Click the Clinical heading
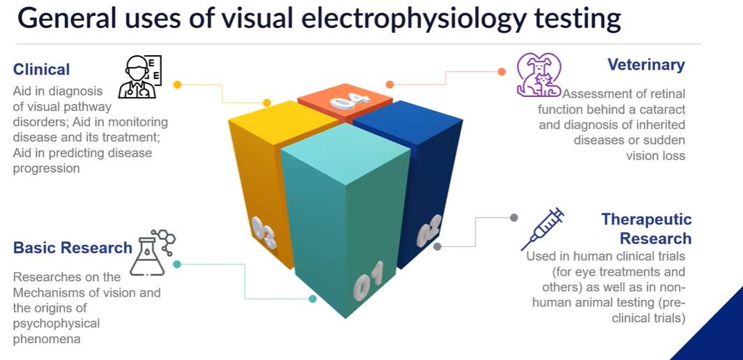41,69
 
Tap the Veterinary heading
645,65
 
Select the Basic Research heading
73,248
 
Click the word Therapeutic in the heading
646,220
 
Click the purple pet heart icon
538,75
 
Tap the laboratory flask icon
153,252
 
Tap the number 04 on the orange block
350,101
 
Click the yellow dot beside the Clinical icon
177,84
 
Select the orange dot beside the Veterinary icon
501,71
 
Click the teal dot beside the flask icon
177,264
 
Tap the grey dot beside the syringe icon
514,218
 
